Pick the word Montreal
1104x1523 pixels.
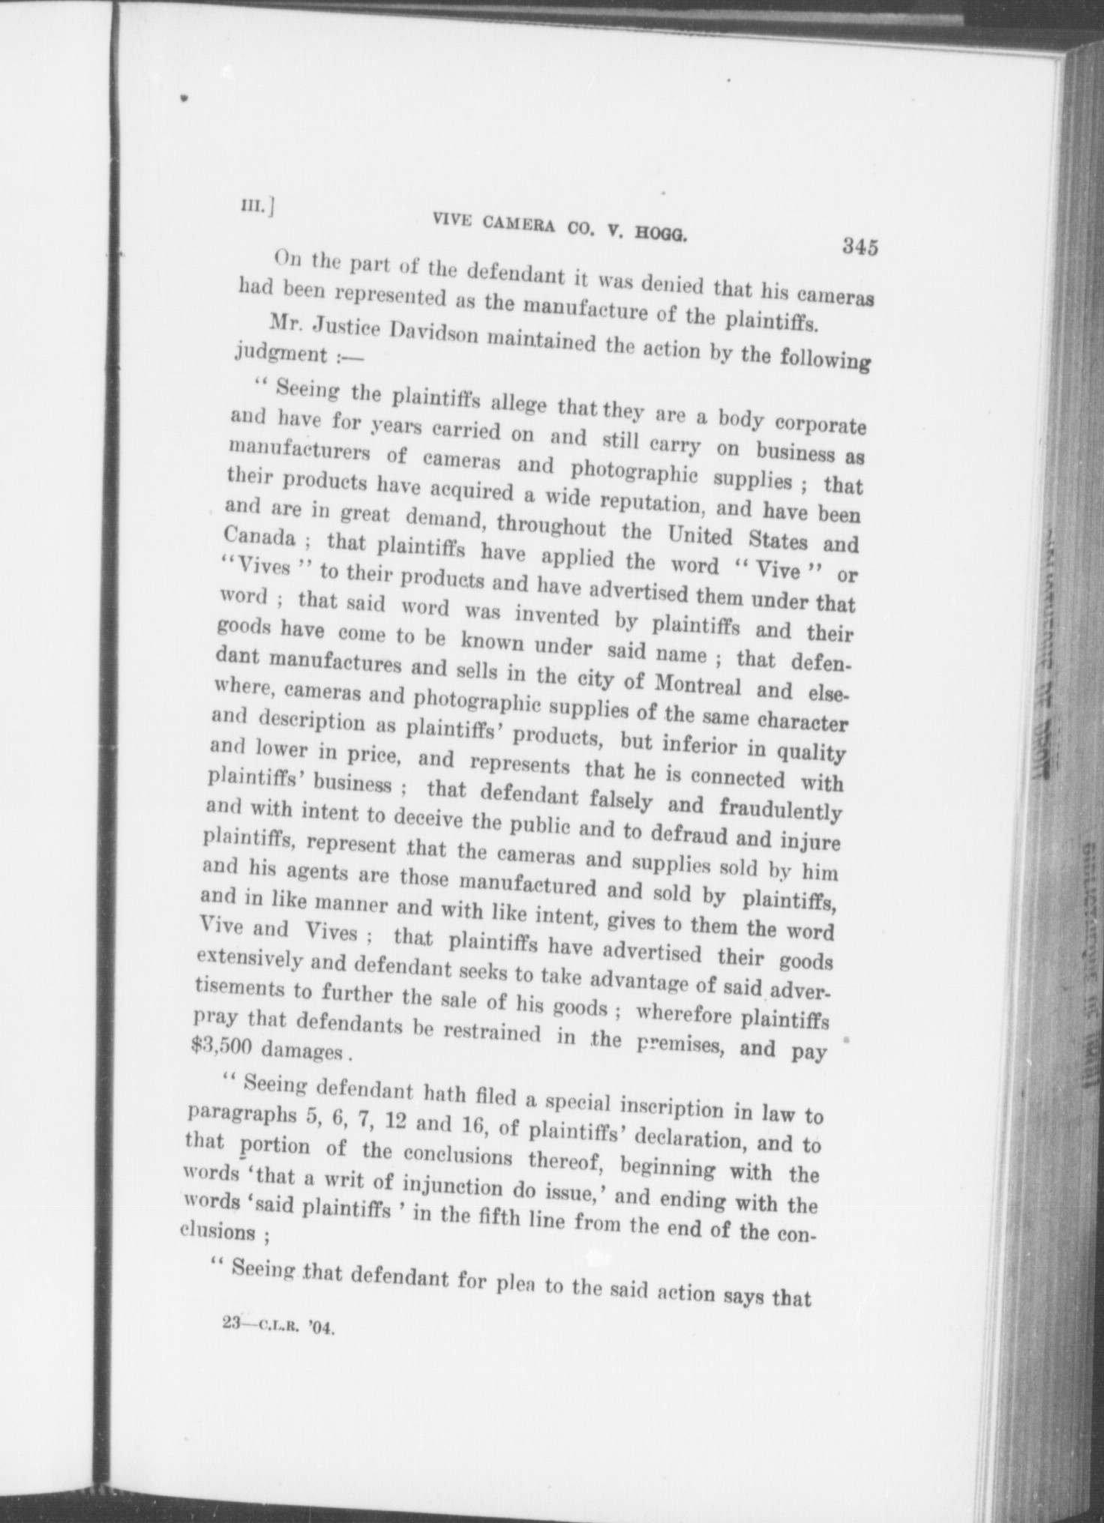[x=697, y=684]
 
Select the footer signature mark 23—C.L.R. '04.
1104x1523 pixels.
[x=277, y=1325]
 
